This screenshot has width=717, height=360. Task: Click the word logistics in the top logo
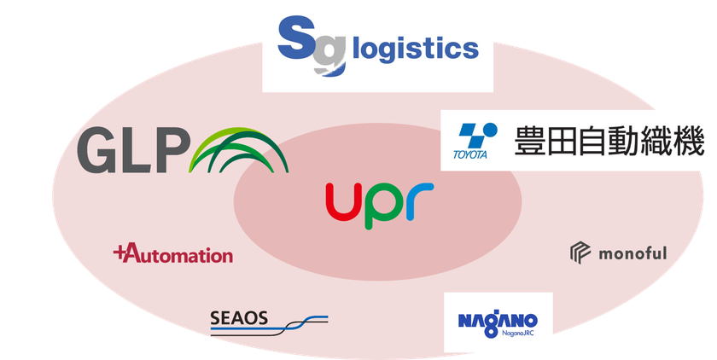pyautogui.click(x=416, y=49)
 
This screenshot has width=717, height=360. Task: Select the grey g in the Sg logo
pyautogui.click(x=330, y=55)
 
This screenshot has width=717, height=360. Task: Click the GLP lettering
pyautogui.click(x=133, y=150)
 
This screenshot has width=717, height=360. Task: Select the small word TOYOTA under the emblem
pyautogui.click(x=470, y=154)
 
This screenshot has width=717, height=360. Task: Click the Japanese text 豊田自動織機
pyautogui.click(x=609, y=141)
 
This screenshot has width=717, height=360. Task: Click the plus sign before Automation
pyautogui.click(x=119, y=253)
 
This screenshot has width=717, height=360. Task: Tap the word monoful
pyautogui.click(x=632, y=253)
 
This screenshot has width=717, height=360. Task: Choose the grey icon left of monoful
pyautogui.click(x=580, y=253)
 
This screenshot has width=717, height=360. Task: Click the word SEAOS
pyautogui.click(x=239, y=318)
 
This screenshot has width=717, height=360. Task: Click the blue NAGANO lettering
pyautogui.click(x=498, y=321)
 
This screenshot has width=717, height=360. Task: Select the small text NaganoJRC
pyautogui.click(x=517, y=333)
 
